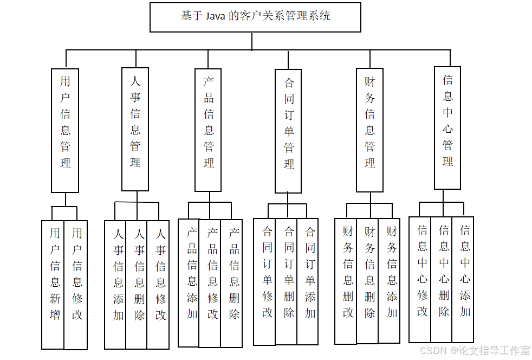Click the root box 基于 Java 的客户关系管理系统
coord(255,17)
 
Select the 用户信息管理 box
coord(65,130)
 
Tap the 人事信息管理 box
coord(135,129)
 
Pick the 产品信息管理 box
coord(208,130)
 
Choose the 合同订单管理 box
coord(288,131)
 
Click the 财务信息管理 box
coord(369,130)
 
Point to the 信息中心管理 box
coord(447,128)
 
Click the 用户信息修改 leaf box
coord(76,284)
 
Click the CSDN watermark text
coord(432,350)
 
